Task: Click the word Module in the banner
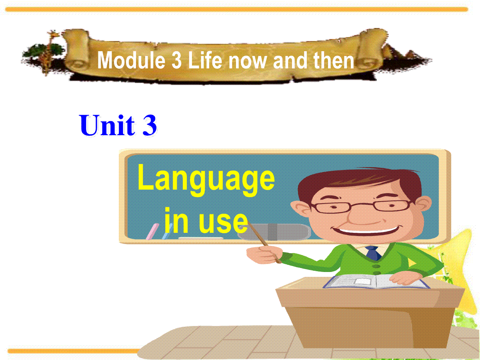click(x=131, y=60)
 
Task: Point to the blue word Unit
click(x=107, y=126)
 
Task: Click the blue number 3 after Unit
click(x=150, y=126)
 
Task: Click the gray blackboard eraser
click(x=274, y=232)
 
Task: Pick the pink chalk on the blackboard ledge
click(x=152, y=232)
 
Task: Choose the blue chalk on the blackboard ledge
click(x=167, y=232)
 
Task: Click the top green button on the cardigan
click(x=376, y=266)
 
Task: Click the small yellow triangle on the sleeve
click(x=412, y=263)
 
